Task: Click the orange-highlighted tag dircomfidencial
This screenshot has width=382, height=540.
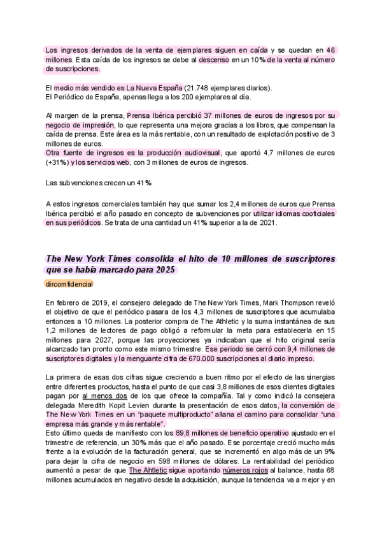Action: (69, 283)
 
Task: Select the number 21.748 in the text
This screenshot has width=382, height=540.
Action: (198, 87)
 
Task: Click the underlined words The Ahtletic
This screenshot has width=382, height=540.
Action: (148, 470)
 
